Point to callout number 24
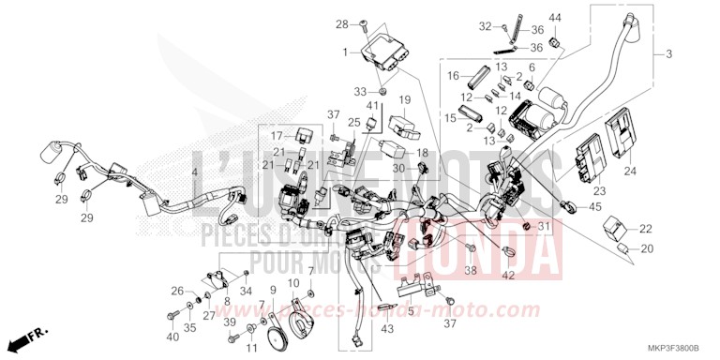tap(629, 172)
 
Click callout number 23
tap(601, 191)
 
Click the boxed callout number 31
tap(545, 227)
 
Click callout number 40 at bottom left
tap(172, 337)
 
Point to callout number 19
tap(406, 99)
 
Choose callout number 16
tap(453, 74)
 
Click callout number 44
tap(554, 19)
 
